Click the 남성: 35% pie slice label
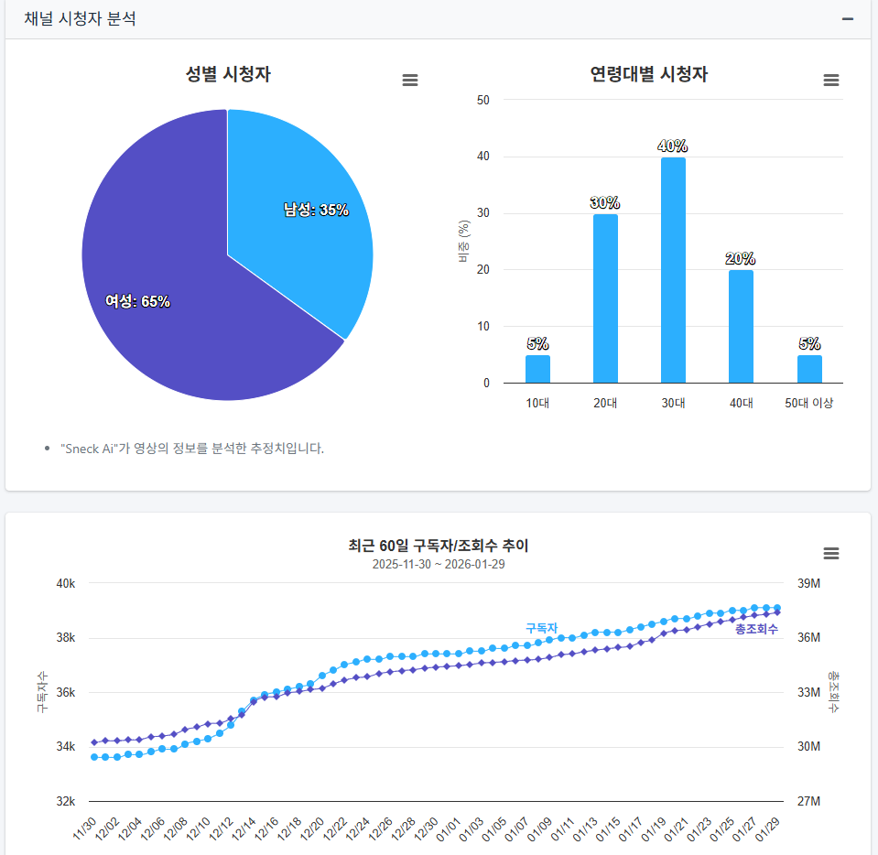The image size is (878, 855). click(316, 210)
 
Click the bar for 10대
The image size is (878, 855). click(537, 368)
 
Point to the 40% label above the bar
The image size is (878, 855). click(673, 146)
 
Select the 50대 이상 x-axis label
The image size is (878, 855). click(809, 403)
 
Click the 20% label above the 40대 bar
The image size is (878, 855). click(741, 259)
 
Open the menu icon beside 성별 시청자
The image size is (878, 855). click(410, 81)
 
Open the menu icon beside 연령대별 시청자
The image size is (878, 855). click(831, 81)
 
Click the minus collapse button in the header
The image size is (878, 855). click(848, 19)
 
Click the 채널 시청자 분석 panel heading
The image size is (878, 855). click(81, 19)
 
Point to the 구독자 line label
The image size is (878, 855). click(541, 628)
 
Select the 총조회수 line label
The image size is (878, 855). click(756, 629)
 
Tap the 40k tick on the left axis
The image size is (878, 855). click(66, 584)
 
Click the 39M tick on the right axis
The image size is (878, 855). click(808, 584)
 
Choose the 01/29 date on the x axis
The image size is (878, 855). click(768, 828)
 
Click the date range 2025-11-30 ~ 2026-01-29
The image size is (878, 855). click(439, 564)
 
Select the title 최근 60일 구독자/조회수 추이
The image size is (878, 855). click(439, 546)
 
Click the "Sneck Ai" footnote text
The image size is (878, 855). click(192, 449)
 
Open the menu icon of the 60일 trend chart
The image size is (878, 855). click(831, 554)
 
